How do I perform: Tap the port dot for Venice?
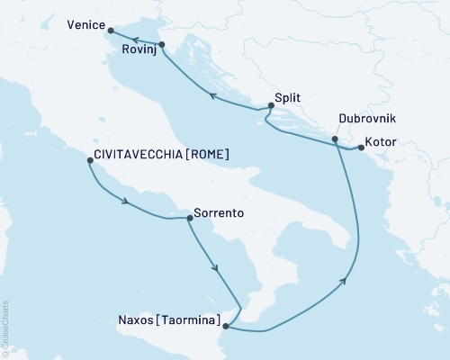pyautogui.click(x=111, y=32)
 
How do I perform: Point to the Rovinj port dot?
pyautogui.click(x=160, y=44)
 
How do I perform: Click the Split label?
pyautogui.click(x=288, y=101)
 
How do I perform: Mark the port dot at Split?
pyautogui.click(x=271, y=107)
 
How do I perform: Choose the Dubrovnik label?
pyautogui.click(x=366, y=119)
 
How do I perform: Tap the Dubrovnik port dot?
pyautogui.click(x=335, y=139)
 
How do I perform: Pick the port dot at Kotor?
pyautogui.click(x=361, y=148)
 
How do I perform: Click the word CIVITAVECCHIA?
pyautogui.click(x=138, y=155)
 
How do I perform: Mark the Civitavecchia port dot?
pyautogui.click(x=88, y=161)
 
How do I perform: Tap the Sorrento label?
pyautogui.click(x=220, y=216)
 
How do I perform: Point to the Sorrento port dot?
pyautogui.click(x=189, y=218)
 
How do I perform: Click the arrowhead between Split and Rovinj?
pyautogui.click(x=211, y=95)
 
